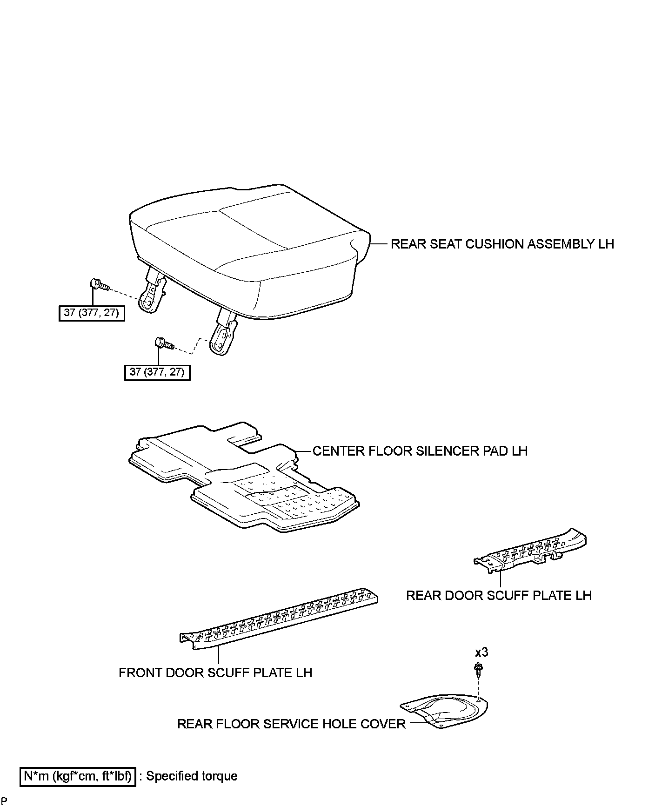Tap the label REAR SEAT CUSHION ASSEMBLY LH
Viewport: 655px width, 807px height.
[502, 244]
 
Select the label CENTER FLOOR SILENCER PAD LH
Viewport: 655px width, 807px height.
[420, 451]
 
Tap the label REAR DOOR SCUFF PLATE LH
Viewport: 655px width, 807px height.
[499, 596]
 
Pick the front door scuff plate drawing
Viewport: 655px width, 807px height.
[279, 619]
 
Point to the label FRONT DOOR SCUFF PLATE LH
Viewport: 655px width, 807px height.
[215, 672]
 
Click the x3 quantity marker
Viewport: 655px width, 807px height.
[481, 652]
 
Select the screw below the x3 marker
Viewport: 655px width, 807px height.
[478, 670]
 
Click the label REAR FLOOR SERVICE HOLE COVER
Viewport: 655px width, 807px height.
[291, 724]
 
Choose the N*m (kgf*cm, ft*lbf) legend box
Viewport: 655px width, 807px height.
[78, 776]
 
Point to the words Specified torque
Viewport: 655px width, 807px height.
[192, 776]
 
